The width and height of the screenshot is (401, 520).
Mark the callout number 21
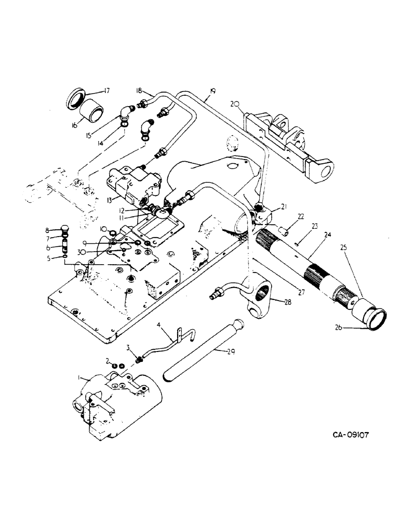(x=284, y=207)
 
